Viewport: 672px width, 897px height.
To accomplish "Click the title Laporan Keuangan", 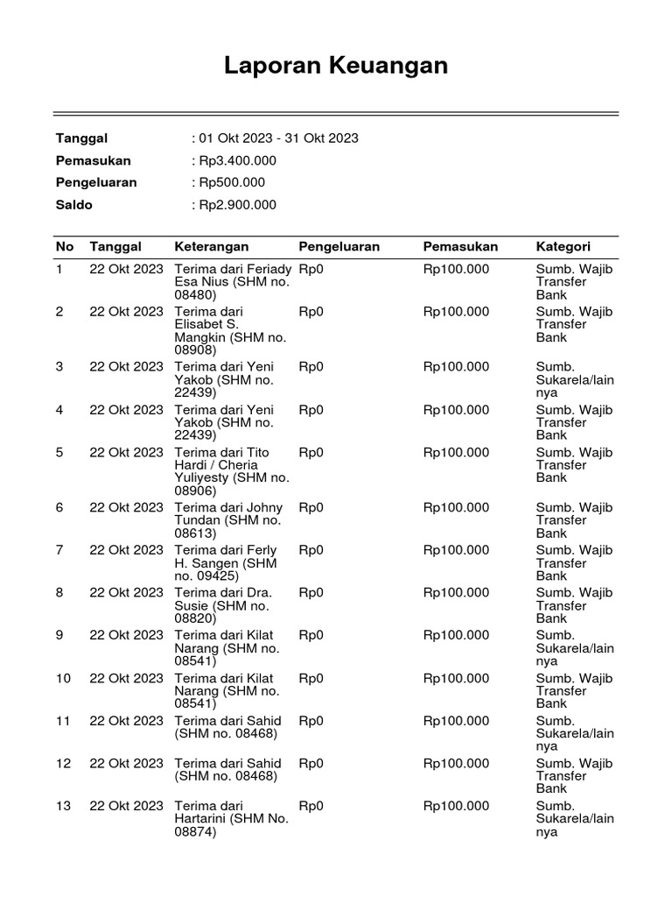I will [336, 66].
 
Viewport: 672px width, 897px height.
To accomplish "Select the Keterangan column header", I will [212, 247].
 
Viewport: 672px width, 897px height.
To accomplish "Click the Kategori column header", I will [563, 247].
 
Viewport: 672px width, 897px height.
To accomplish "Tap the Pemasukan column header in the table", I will [460, 247].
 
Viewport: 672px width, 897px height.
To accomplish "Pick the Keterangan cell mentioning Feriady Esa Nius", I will [231, 282].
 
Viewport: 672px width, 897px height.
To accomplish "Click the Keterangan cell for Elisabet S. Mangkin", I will [231, 330].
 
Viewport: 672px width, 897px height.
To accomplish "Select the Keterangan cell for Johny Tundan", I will [231, 520].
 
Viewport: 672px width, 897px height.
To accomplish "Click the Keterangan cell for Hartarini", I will [231, 819].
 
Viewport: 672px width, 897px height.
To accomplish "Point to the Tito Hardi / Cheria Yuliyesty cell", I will [231, 471].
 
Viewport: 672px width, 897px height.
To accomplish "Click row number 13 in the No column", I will [63, 806].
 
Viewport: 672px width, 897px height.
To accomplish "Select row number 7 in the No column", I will [59, 550].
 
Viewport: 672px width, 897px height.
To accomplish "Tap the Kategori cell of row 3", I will [574, 379].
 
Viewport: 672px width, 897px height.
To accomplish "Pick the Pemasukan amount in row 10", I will [456, 678].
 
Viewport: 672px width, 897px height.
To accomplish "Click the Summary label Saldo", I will [74, 205].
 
